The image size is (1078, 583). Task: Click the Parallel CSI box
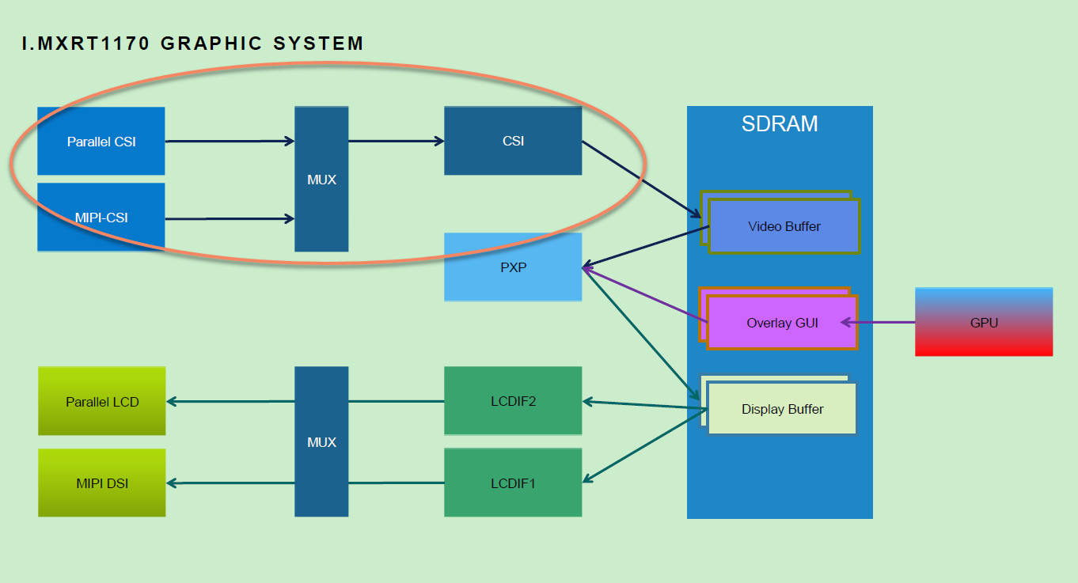[101, 142]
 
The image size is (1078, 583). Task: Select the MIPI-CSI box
[101, 218]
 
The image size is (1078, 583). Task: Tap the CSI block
[513, 141]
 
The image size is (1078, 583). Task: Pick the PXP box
[513, 267]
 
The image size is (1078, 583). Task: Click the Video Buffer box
[784, 226]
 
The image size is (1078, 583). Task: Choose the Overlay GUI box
[782, 323]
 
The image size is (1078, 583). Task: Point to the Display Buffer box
[782, 409]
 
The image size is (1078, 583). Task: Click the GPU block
[984, 322]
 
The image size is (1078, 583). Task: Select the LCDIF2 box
[513, 401]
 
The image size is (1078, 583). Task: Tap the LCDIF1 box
[513, 483]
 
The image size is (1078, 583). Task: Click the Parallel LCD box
[102, 401]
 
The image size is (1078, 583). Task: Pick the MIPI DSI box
[102, 483]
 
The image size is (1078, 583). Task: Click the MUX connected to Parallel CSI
[321, 180]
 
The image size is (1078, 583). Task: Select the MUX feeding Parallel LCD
[321, 441]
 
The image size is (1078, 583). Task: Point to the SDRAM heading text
[780, 124]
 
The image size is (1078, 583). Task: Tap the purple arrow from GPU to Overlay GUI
[879, 323]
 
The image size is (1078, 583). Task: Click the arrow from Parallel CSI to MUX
[230, 142]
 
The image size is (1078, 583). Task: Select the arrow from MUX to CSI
[396, 142]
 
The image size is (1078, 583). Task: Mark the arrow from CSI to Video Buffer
[641, 179]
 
